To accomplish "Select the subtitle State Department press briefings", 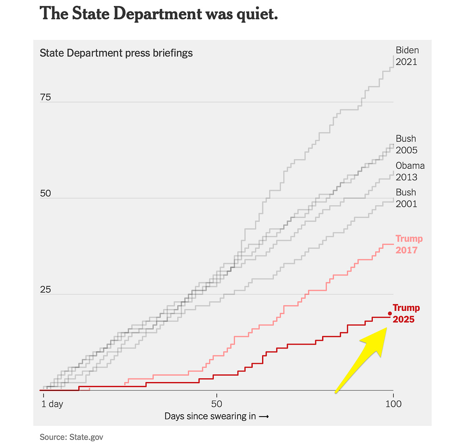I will tap(116, 53).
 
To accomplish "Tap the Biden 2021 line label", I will tap(407, 56).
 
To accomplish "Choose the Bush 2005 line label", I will tap(406, 144).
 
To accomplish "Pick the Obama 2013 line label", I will tap(410, 171).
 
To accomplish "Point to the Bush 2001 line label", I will tap(406, 198).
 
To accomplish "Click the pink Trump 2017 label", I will tap(409, 244).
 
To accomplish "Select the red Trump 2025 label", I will tap(406, 313).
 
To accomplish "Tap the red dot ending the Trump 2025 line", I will tap(390, 313).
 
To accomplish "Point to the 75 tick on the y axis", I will tap(45, 97).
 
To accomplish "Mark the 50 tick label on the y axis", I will tap(45, 194).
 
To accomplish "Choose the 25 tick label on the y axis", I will tap(45, 290).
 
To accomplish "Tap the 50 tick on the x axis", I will tap(216, 404).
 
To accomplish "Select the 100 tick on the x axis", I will tap(393, 404).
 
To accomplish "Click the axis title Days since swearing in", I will tap(216, 416).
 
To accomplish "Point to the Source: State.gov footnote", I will tap(71, 437).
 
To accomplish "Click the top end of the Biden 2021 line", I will tap(394, 56).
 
